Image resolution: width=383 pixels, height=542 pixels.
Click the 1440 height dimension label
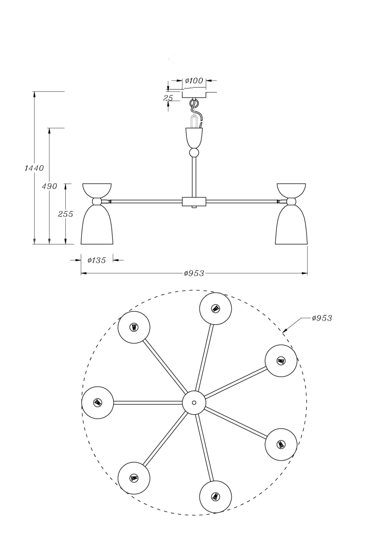coord(34,168)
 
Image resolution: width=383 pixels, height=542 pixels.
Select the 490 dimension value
coord(49,186)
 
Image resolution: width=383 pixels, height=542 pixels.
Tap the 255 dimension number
coord(65,214)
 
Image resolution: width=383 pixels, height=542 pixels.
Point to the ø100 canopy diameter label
coord(194,80)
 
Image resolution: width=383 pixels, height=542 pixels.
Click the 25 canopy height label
coord(168,98)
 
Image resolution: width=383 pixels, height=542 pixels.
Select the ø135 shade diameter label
coord(96,260)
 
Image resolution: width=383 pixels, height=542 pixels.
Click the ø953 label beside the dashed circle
coord(322,318)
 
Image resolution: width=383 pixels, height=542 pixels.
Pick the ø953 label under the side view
coord(194,273)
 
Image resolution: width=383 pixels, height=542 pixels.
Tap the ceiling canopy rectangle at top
coord(194,95)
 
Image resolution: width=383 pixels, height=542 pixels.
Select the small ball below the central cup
coord(194,153)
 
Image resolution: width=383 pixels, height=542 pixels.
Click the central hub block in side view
coord(194,201)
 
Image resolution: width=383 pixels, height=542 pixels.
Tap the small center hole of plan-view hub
coord(194,403)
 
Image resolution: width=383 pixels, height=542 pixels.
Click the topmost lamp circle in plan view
coord(215,308)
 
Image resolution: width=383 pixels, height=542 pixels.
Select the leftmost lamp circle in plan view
coord(98,403)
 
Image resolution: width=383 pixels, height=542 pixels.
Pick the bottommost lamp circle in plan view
coord(215,497)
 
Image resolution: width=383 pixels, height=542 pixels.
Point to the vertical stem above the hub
coord(194,176)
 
